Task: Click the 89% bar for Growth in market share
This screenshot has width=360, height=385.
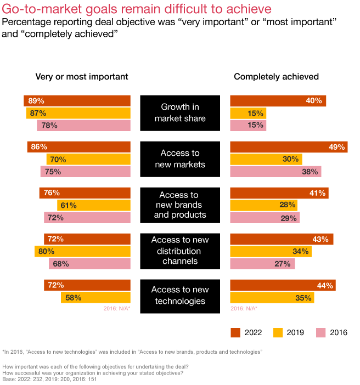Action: (77, 101)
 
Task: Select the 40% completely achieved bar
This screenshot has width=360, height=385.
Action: (278, 101)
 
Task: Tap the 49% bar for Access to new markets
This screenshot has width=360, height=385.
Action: (289, 147)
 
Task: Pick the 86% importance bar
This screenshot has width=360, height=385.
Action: (78, 147)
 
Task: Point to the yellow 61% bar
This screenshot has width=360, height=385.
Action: (94, 205)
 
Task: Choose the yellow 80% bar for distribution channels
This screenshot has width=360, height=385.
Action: (82, 251)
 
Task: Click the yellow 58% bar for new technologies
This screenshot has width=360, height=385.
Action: (95, 298)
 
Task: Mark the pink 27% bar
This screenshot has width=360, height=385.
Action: (262, 264)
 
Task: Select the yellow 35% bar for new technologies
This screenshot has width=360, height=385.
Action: (272, 298)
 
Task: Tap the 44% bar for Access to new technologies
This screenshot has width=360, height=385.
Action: (283, 285)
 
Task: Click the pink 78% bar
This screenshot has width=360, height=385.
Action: (83, 126)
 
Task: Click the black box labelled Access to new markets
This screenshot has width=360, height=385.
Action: (180, 159)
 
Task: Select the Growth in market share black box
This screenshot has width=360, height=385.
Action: (180, 113)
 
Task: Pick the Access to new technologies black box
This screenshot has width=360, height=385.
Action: (180, 296)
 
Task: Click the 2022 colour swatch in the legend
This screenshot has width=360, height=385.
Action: (236, 332)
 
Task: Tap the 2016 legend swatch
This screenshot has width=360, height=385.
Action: (321, 332)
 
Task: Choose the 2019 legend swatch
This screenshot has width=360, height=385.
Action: (278, 332)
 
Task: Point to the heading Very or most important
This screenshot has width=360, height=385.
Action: (82, 77)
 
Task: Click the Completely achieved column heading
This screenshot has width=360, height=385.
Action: (276, 77)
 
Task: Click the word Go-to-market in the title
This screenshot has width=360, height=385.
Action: (36, 9)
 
